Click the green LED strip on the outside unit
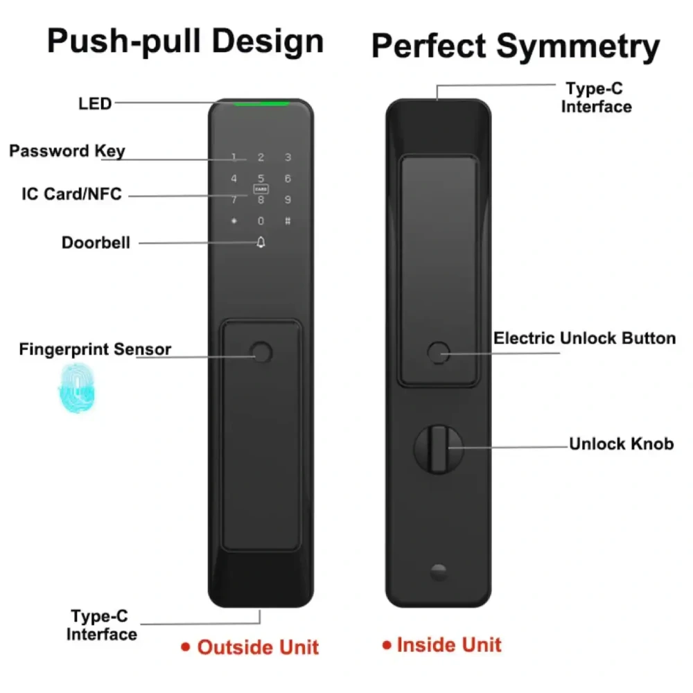coord(261,104)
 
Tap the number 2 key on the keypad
coord(261,157)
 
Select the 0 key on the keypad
coord(261,221)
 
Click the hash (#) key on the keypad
coord(288,221)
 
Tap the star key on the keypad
coord(234,221)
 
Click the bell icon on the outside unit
coord(261,242)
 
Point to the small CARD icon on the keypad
coord(261,189)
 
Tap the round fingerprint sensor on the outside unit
coord(261,353)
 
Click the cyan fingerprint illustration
coord(77,388)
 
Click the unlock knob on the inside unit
coord(439,449)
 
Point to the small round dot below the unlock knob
coord(439,572)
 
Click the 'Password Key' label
coord(67,151)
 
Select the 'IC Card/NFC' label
coord(71,194)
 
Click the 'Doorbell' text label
coord(96,243)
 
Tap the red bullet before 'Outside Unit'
coord(186,647)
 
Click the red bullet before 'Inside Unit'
coord(387,645)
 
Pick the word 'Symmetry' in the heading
coord(578,47)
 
